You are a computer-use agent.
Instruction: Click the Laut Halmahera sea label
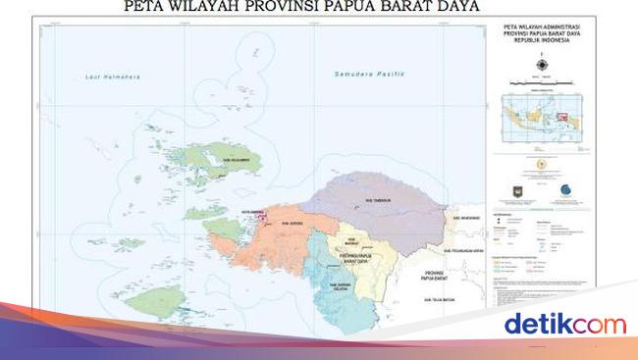107,77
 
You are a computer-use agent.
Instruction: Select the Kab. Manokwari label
464,218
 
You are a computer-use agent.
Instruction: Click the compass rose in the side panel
542,65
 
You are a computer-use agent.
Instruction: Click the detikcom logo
563,324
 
